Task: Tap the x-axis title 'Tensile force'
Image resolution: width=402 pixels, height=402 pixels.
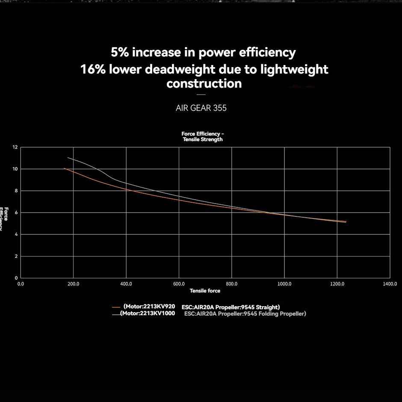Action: coord(205,291)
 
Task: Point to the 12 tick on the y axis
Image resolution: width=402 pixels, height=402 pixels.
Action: coord(15,147)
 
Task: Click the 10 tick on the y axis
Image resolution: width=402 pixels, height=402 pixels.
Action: coord(15,169)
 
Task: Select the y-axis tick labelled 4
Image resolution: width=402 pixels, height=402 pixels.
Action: coord(16,234)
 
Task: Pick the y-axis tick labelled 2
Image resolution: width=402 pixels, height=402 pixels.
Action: coord(16,256)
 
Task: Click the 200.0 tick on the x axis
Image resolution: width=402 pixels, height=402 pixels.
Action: coord(74,284)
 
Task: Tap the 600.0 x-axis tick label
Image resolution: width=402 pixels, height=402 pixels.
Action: coord(179,284)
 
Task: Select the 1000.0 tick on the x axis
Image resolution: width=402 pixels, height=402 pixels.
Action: coord(284,284)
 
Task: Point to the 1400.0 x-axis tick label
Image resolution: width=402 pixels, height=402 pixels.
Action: coord(390,284)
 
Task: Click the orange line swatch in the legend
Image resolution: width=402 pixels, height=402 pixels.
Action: coord(116,307)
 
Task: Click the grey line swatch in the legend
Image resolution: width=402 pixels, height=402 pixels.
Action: coord(116,314)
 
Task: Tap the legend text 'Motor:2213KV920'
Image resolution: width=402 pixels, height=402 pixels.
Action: coord(150,307)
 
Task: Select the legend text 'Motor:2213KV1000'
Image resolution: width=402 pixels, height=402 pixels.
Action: coord(148,313)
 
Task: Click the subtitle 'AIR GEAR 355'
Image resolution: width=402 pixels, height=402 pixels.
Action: coord(201,108)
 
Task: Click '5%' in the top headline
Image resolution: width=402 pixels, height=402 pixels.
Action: coord(120,53)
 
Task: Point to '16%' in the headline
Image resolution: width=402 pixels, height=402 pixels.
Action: coord(93,69)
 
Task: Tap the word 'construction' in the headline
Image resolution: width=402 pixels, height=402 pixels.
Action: coord(204,83)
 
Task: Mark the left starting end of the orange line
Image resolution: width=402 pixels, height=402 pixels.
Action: coord(64,168)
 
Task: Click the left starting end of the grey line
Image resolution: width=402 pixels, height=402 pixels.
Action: coord(68,158)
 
